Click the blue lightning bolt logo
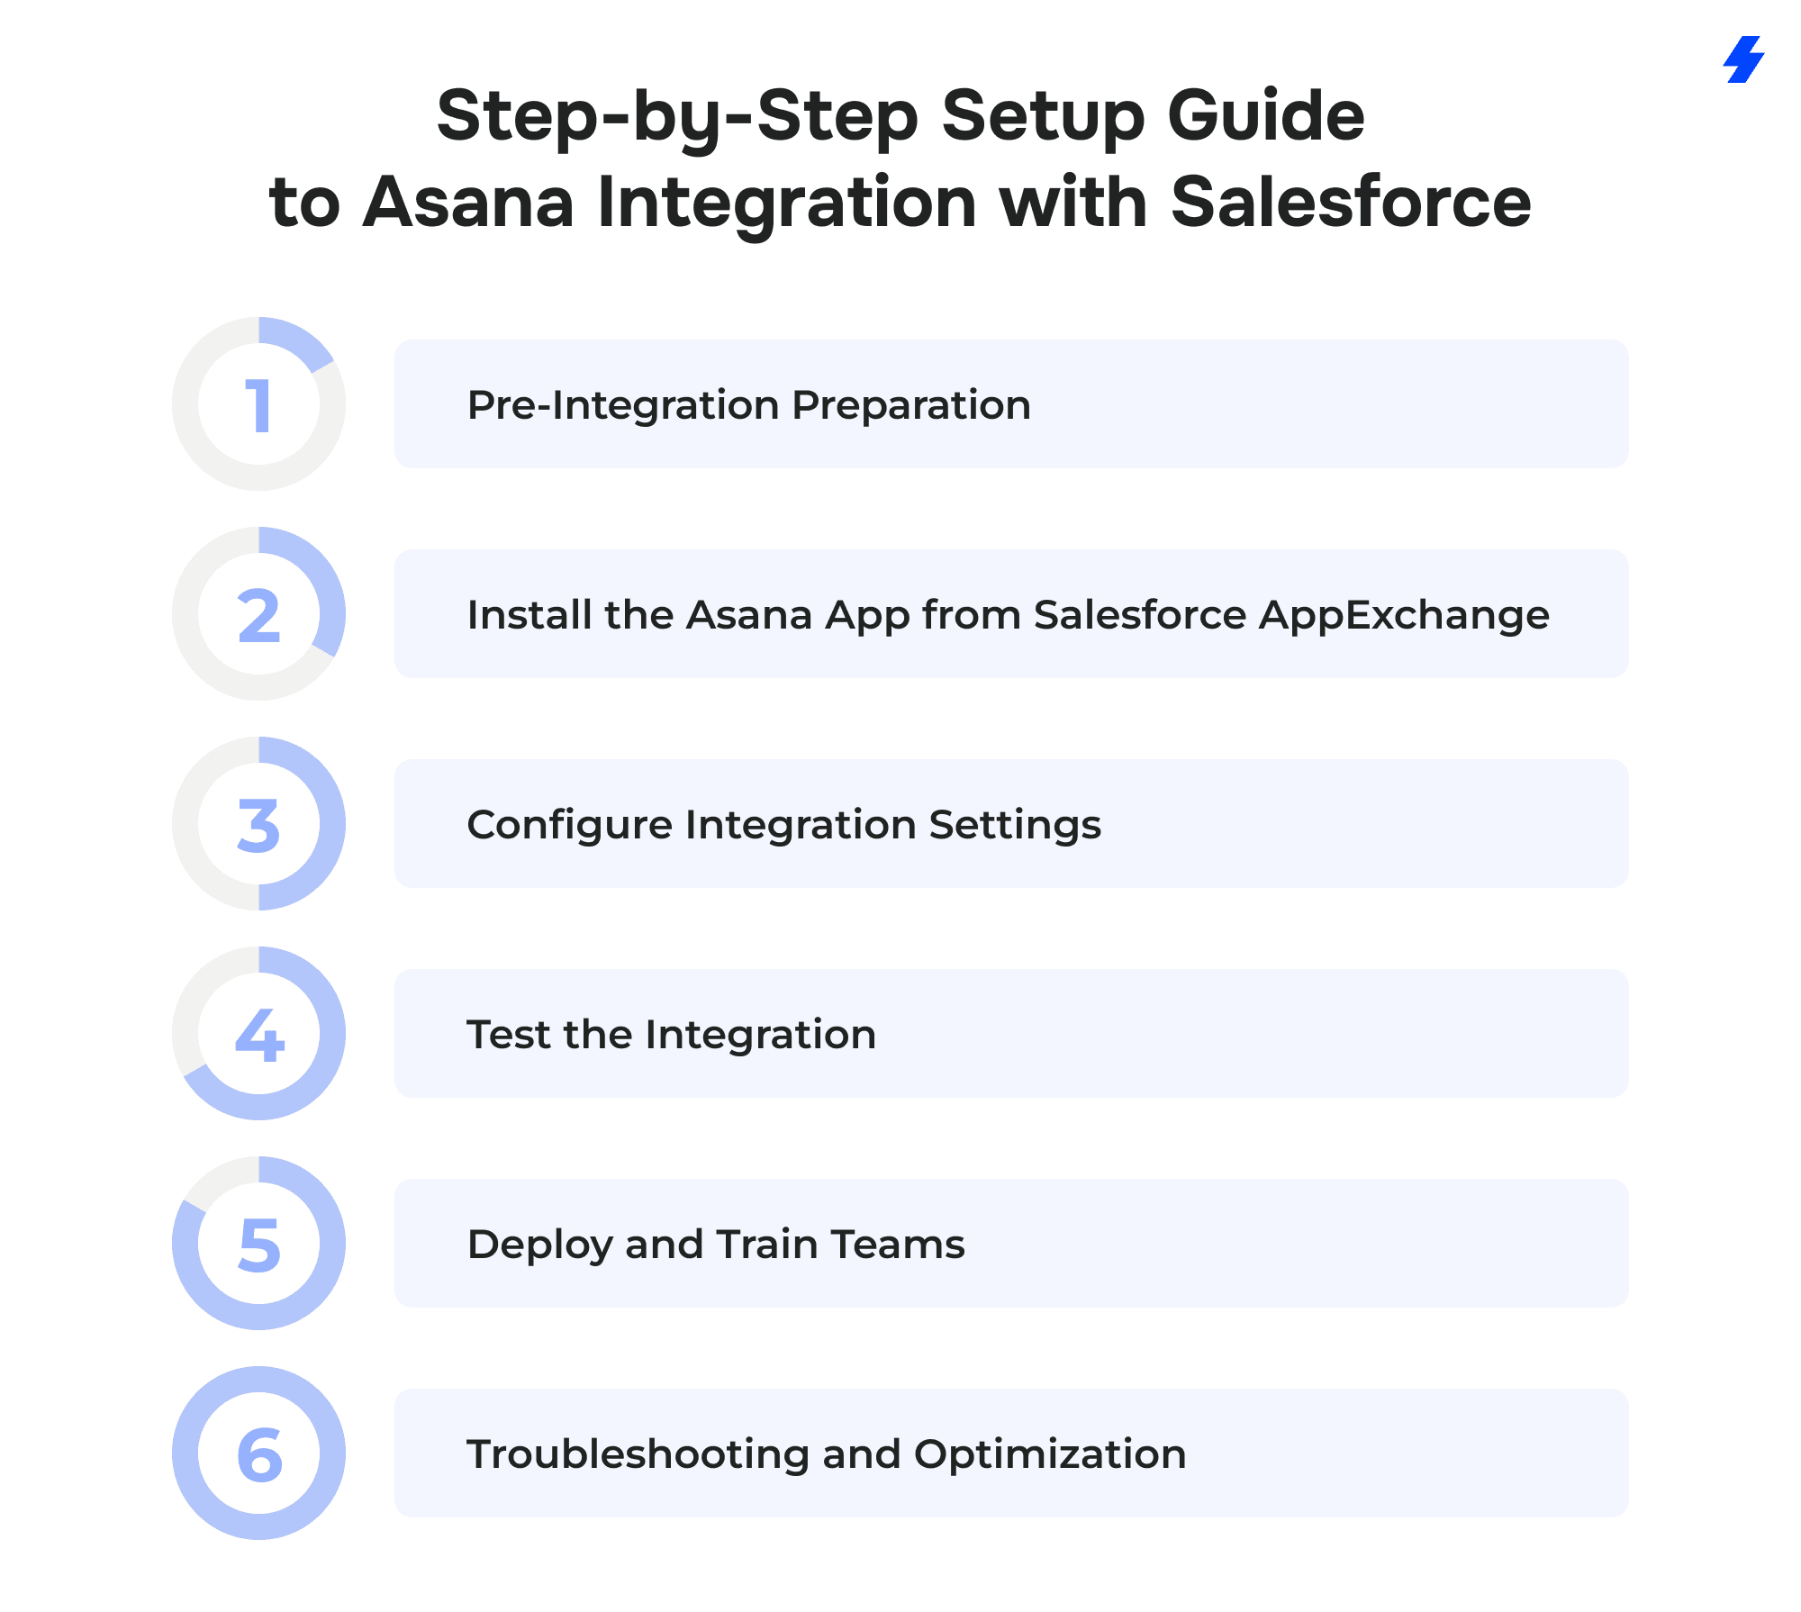coord(1743,59)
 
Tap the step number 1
coord(259,405)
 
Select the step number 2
coord(259,616)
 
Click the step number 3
coord(259,826)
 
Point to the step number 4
coord(259,1036)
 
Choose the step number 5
coord(259,1245)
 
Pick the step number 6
coord(259,1455)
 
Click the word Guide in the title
coord(1266,116)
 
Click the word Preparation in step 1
coord(911,406)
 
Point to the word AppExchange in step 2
coord(1404,616)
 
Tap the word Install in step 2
coord(529,615)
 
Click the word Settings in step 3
coord(1015,826)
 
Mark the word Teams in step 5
coord(898,1245)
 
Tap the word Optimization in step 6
coord(1050,1455)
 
